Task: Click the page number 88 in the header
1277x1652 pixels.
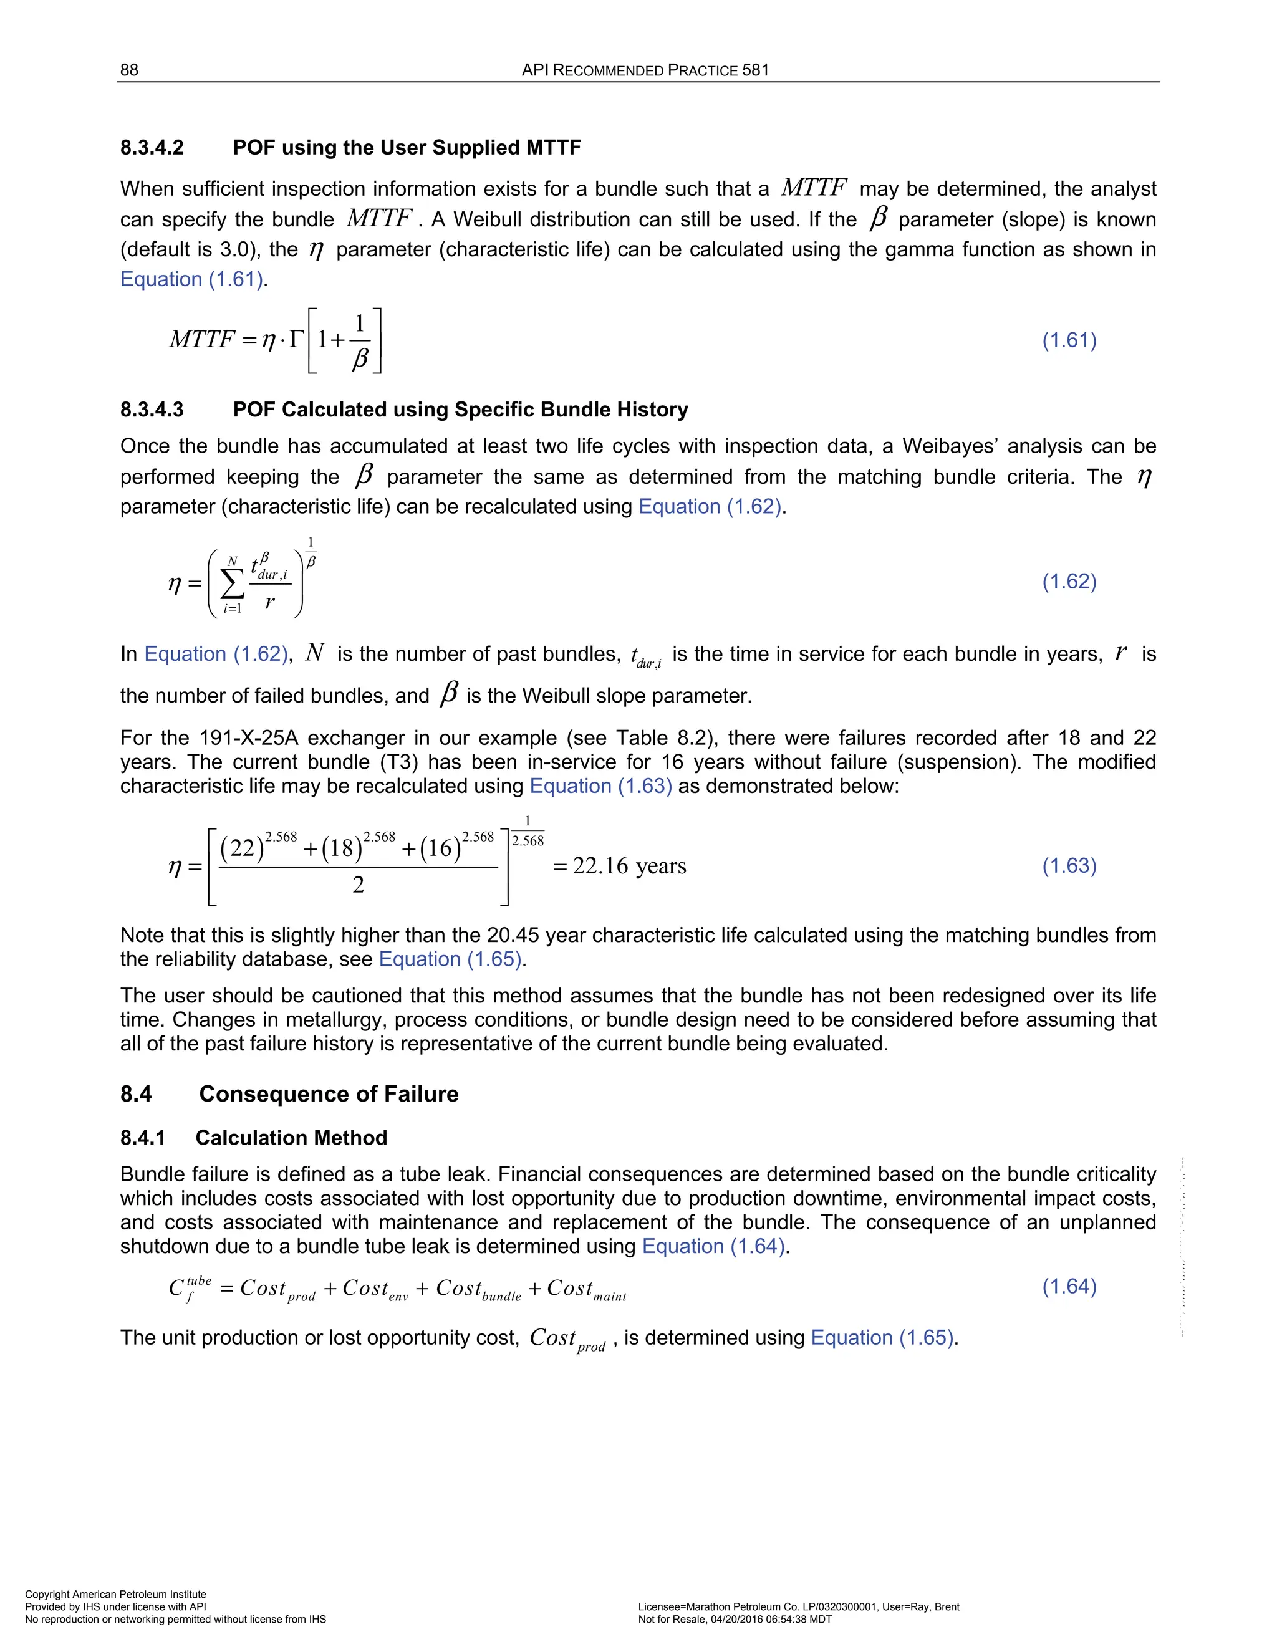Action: pyautogui.click(x=129, y=70)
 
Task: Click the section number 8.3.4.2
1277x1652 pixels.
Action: pyautogui.click(x=152, y=148)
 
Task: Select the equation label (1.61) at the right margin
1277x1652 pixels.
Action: pyautogui.click(x=1069, y=340)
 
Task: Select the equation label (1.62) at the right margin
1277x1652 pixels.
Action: pyautogui.click(x=1069, y=582)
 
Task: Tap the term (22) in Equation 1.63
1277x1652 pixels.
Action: pyautogui.click(x=242, y=848)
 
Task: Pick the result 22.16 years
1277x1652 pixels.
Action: pyautogui.click(x=629, y=866)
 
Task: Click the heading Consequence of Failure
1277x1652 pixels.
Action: pyautogui.click(x=329, y=1095)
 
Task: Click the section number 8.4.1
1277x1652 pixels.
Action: pyautogui.click(x=142, y=1138)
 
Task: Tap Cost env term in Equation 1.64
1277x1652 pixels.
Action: pyautogui.click(x=375, y=1290)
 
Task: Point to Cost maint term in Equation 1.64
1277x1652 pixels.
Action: pyautogui.click(x=585, y=1290)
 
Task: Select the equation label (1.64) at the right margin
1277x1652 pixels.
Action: pyautogui.click(x=1069, y=1287)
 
